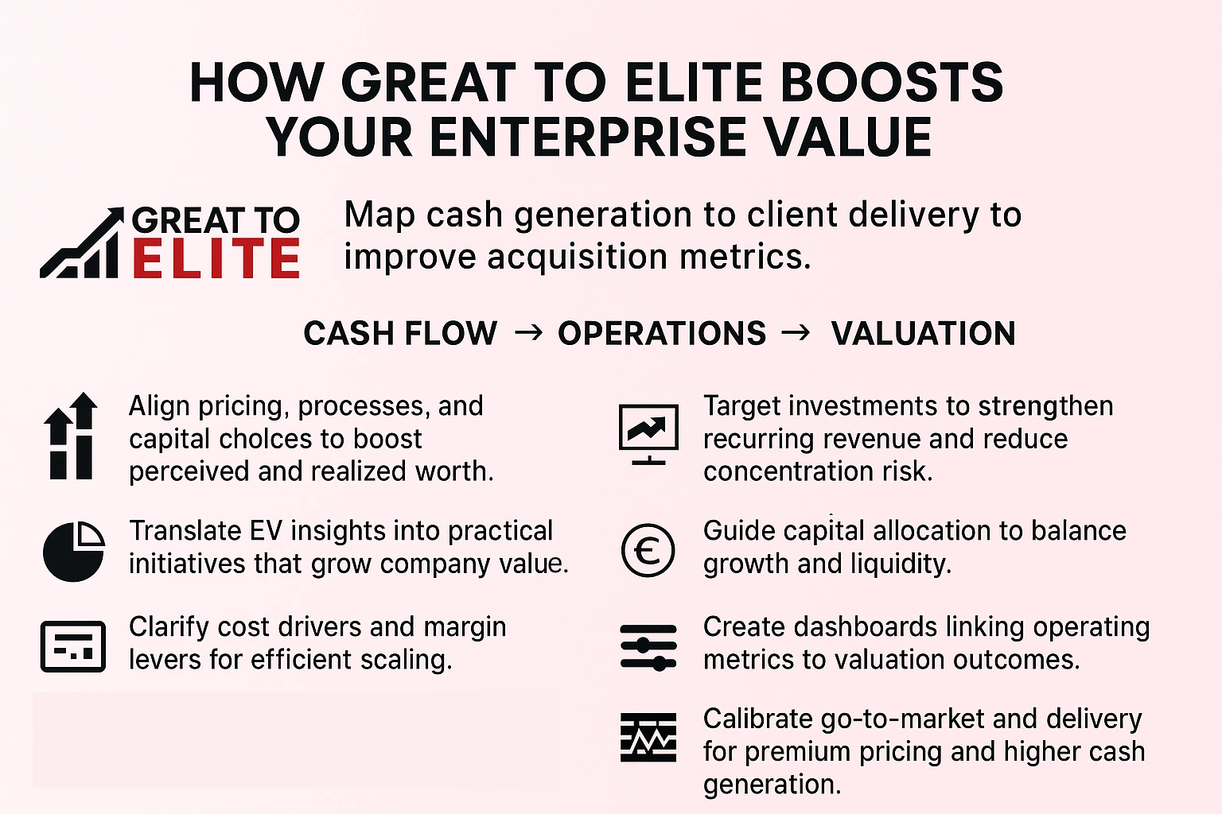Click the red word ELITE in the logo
[216, 260]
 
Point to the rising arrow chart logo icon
[82, 244]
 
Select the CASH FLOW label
[400, 333]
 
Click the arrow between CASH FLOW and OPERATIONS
[529, 332]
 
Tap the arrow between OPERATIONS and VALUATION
[796, 332]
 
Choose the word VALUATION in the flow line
[923, 333]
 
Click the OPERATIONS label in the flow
[662, 333]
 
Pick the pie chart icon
[73, 551]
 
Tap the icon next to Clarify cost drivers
[73, 646]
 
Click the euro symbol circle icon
[648, 550]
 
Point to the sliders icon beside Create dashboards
[648, 646]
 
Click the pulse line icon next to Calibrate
[648, 738]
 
